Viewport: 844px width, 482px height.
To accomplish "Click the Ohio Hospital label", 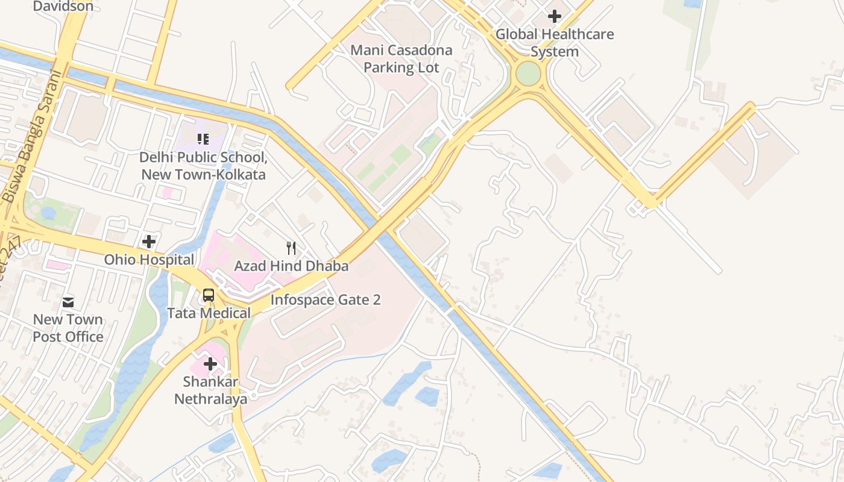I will point(149,260).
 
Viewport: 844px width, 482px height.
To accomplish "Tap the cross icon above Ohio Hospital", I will point(149,242).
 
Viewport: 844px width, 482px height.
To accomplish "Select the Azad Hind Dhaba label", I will point(291,266).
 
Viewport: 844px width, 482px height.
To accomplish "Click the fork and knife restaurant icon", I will point(291,248).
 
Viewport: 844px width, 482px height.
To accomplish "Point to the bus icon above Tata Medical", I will point(209,295).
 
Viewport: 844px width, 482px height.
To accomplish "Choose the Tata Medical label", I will point(209,313).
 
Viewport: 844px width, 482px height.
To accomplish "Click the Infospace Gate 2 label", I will point(326,299).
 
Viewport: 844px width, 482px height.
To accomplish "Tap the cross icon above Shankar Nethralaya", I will point(210,364).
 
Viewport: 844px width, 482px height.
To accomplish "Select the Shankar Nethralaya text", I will point(210,390).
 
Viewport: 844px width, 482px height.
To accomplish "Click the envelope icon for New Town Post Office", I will point(68,302).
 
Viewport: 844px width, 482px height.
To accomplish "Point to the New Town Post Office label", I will point(68,328).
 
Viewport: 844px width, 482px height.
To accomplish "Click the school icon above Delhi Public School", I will point(203,139).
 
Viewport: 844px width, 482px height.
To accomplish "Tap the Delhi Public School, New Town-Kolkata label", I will point(203,166).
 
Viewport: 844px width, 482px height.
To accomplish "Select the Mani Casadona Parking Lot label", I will point(402,58).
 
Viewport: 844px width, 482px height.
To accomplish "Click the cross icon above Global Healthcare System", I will point(555,16).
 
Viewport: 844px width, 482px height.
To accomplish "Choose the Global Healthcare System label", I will point(555,42).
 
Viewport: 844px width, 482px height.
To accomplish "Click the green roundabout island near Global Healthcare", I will point(528,74).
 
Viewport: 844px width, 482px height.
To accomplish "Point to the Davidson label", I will point(63,7).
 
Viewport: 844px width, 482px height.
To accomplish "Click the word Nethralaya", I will point(210,399).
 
